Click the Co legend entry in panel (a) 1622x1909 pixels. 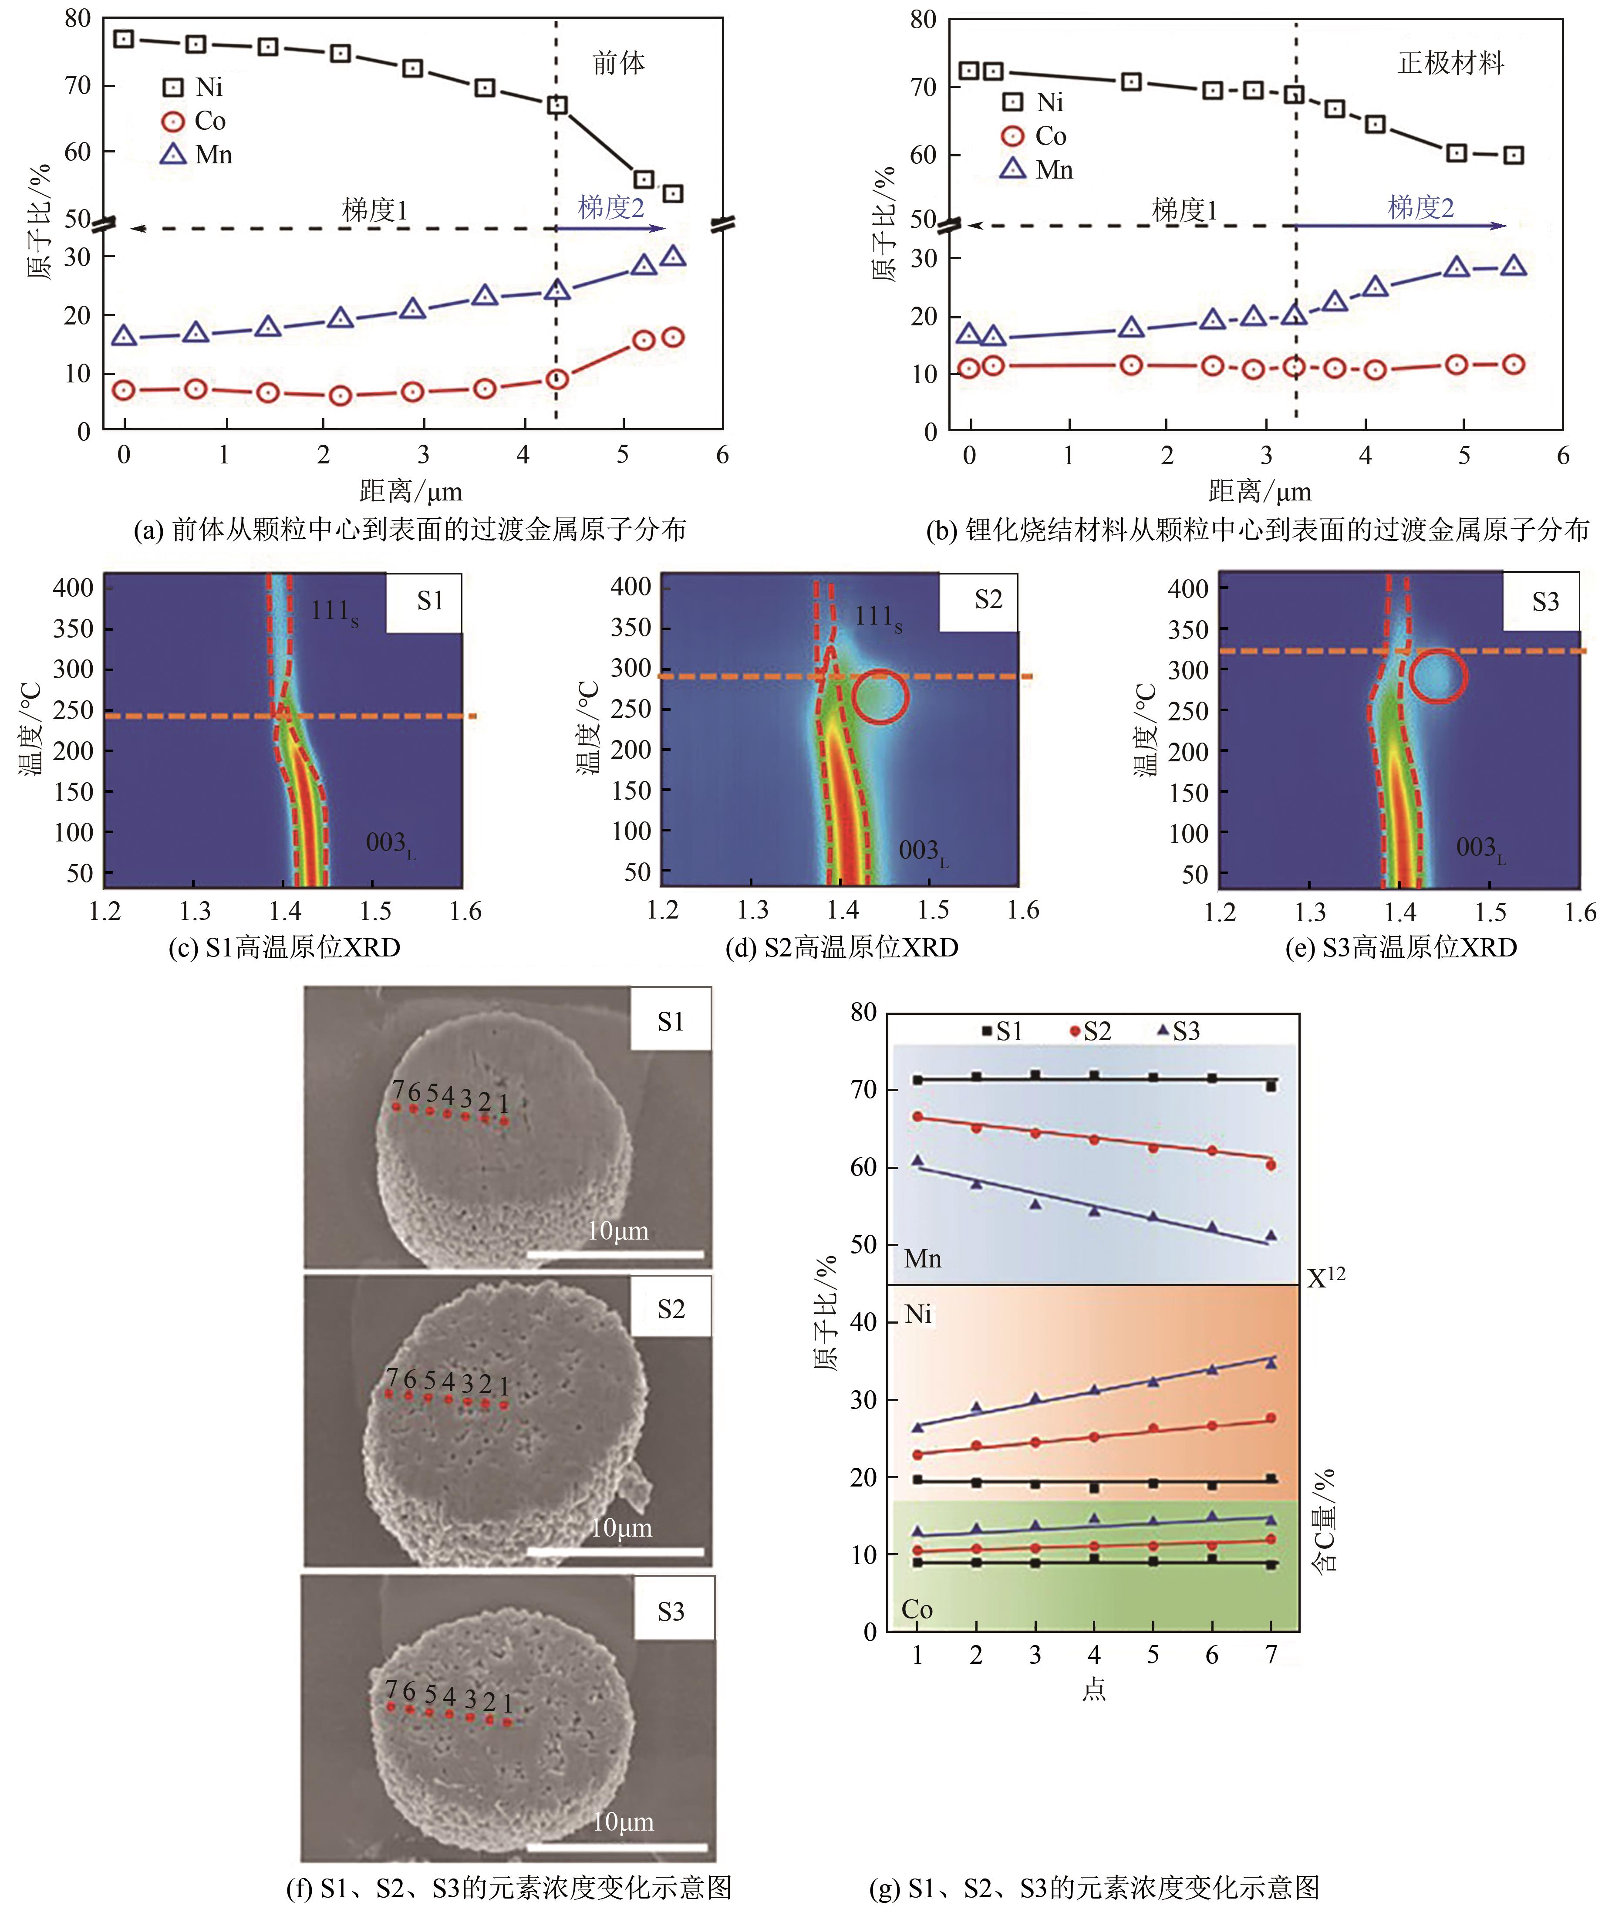point(195,122)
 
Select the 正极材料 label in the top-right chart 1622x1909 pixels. point(1450,64)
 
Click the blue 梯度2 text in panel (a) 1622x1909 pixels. point(610,208)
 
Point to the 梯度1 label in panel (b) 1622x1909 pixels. point(1184,210)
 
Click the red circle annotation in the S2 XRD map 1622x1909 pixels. point(880,696)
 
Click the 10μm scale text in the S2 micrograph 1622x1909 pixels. point(621,1528)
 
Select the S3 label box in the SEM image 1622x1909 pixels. point(670,1611)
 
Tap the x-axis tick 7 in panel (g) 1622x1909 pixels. point(1271,1655)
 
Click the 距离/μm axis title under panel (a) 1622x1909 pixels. point(410,491)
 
